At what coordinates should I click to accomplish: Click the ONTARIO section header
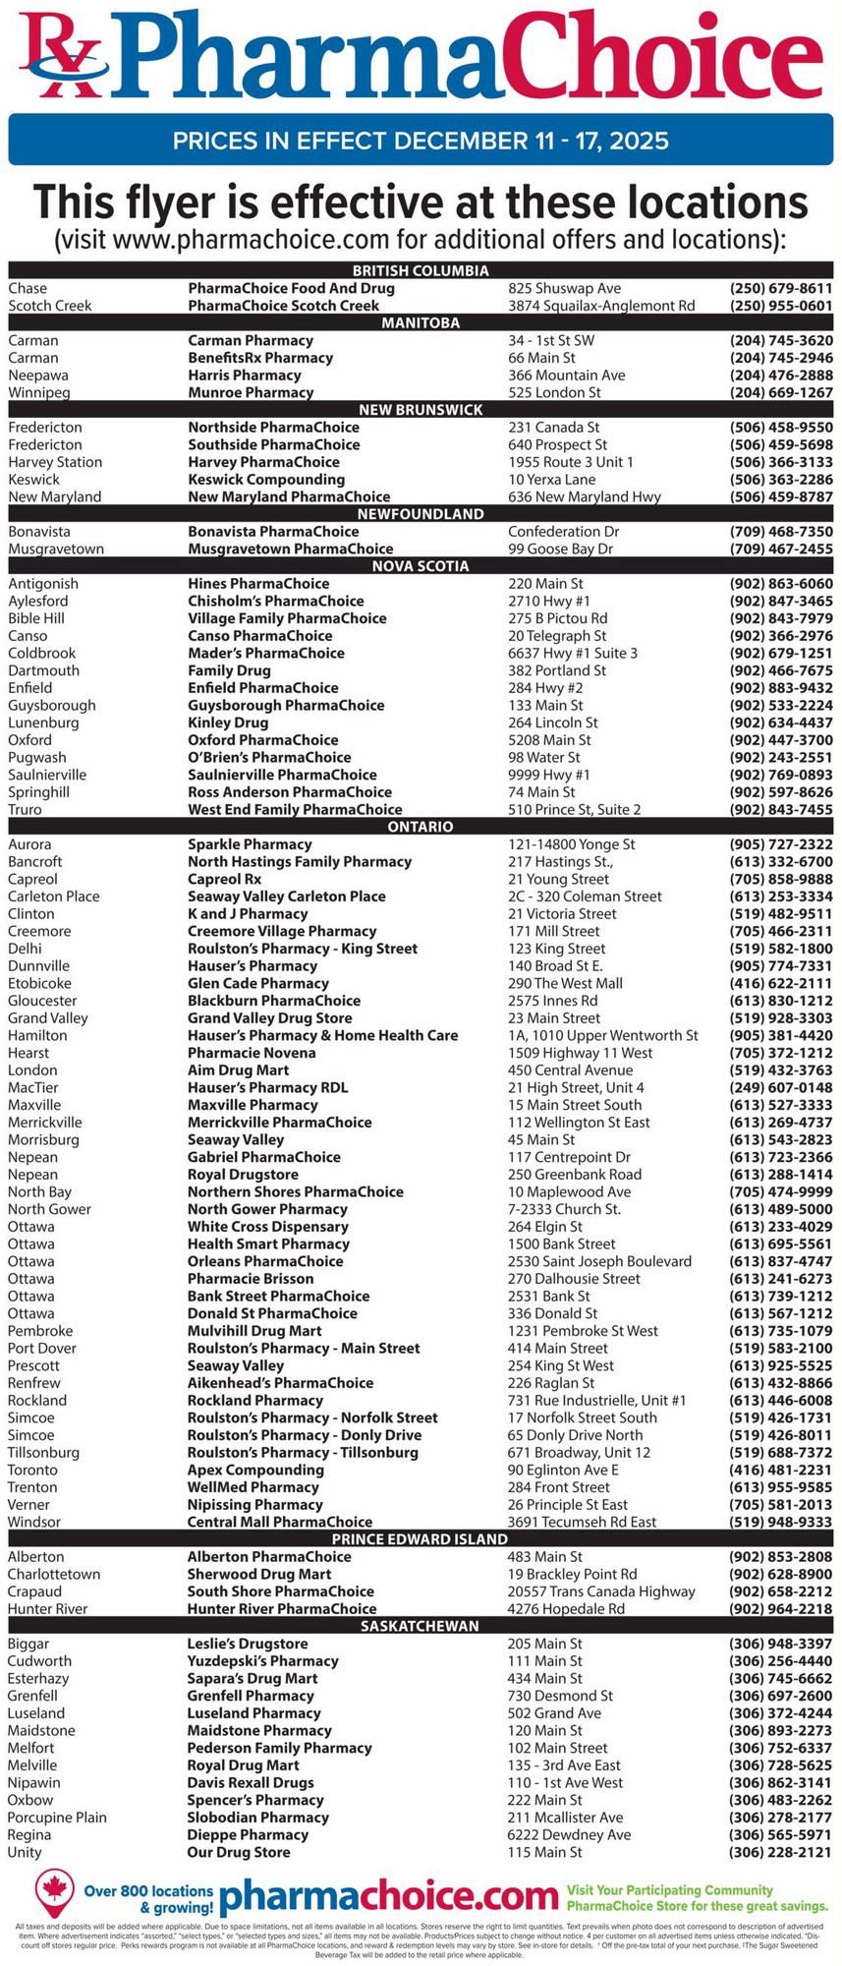click(x=421, y=827)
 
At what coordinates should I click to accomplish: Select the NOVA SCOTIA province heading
click(x=421, y=566)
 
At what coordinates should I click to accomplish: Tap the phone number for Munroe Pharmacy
click(x=781, y=393)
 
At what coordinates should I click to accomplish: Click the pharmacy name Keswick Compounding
click(x=266, y=480)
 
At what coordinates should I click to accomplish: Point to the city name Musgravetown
click(x=56, y=549)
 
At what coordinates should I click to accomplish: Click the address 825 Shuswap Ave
click(x=564, y=289)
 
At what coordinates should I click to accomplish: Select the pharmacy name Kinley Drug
click(x=228, y=723)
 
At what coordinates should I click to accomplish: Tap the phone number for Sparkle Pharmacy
click(x=781, y=844)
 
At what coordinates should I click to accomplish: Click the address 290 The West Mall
click(x=565, y=983)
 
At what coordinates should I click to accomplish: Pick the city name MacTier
click(x=33, y=1088)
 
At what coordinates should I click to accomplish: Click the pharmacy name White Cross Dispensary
click(x=268, y=1227)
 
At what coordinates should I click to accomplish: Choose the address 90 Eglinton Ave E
click(x=563, y=1470)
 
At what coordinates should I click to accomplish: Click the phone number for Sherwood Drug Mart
click(x=781, y=1574)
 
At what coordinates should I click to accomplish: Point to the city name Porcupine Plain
click(x=57, y=1818)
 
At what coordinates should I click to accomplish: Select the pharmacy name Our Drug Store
click(x=239, y=1852)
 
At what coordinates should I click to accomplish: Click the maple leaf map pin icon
click(x=55, y=1891)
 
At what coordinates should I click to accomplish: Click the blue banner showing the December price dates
click(x=421, y=140)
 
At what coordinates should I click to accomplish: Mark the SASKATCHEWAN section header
click(x=421, y=1626)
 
